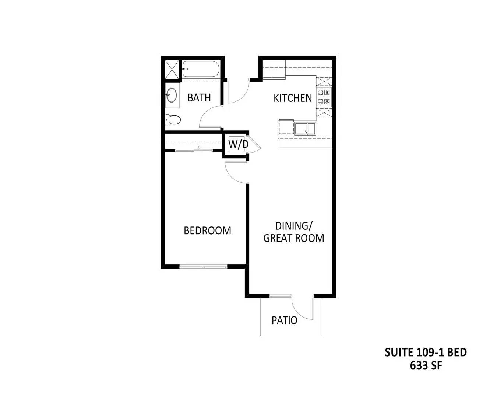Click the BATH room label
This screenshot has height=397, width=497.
pyautogui.click(x=199, y=97)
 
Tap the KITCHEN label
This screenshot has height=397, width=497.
pyautogui.click(x=293, y=98)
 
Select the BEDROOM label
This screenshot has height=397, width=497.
pyautogui.click(x=207, y=230)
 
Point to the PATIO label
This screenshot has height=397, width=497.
pyautogui.click(x=284, y=321)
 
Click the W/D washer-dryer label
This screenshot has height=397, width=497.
pyautogui.click(x=238, y=144)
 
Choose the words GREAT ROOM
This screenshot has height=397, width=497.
pyautogui.click(x=294, y=238)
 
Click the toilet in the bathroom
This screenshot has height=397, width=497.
pyautogui.click(x=173, y=119)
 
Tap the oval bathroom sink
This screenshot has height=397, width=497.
pyautogui.click(x=171, y=95)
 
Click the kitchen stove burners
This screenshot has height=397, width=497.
pyautogui.click(x=324, y=97)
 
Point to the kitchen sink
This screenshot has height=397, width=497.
pyautogui.click(x=305, y=129)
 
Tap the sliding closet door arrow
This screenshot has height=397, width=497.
pyautogui.click(x=201, y=147)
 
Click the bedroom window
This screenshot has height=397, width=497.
pyautogui.click(x=203, y=267)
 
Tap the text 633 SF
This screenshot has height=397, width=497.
pyautogui.click(x=426, y=366)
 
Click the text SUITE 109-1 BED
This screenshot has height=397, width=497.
pyautogui.click(x=426, y=352)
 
